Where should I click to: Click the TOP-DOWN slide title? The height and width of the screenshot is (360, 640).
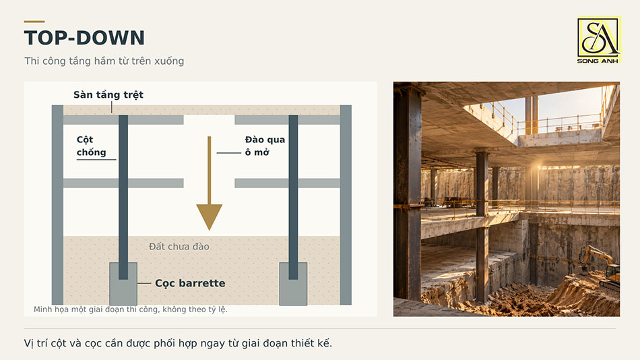pyautogui.click(x=84, y=38)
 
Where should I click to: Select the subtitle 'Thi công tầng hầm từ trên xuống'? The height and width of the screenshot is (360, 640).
pyautogui.click(x=104, y=61)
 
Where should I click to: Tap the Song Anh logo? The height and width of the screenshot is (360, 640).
pyautogui.click(x=598, y=40)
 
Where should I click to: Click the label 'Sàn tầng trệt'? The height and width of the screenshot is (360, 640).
pyautogui.click(x=108, y=95)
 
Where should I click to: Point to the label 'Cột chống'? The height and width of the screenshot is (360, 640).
pyautogui.click(x=92, y=146)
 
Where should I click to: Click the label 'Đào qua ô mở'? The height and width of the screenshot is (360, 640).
pyautogui.click(x=265, y=146)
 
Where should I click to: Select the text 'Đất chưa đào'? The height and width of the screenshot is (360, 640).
pyautogui.click(x=179, y=246)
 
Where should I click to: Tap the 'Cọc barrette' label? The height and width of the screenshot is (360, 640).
pyautogui.click(x=190, y=283)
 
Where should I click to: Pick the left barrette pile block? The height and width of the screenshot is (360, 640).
pyautogui.click(x=123, y=284)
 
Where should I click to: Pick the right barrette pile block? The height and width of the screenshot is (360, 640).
pyautogui.click(x=293, y=284)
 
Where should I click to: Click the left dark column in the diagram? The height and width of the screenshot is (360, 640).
pyautogui.click(x=123, y=197)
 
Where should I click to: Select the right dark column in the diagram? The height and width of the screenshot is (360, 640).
pyautogui.click(x=293, y=197)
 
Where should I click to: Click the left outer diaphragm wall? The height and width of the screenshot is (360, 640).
pyautogui.click(x=57, y=205)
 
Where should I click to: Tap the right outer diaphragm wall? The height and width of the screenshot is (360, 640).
pyautogui.click(x=346, y=205)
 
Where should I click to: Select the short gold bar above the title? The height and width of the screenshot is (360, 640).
pyautogui.click(x=34, y=22)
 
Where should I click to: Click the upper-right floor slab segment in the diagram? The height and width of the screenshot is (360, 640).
pyautogui.click(x=288, y=120)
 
